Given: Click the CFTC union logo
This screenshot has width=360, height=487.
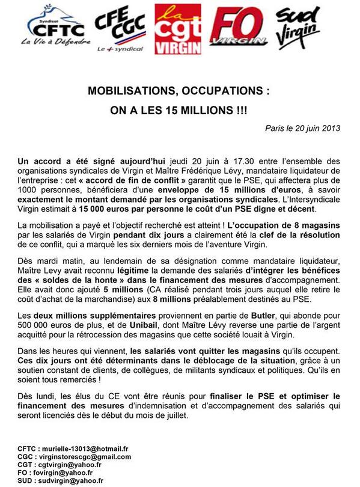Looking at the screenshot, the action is click(x=58, y=28).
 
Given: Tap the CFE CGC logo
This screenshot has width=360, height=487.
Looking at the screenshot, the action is click(x=121, y=29).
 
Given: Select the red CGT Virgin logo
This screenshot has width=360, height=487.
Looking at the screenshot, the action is click(x=178, y=29).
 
